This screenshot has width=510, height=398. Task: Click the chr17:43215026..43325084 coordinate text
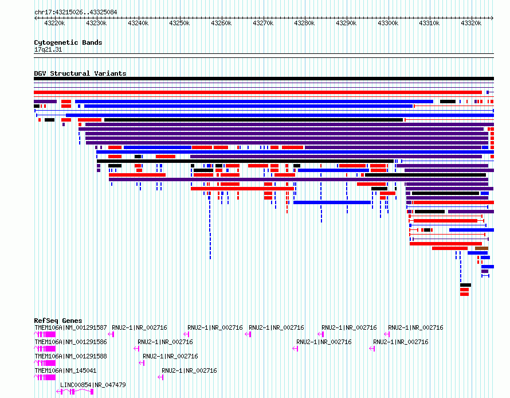point(76,13)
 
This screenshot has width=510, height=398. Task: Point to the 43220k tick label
point(54,23)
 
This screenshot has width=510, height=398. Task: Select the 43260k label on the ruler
point(221,23)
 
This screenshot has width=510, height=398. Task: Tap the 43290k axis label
point(346,23)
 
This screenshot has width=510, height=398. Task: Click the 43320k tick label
point(471,23)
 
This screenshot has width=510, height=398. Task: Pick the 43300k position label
point(388,23)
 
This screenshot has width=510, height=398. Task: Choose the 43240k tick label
point(138,23)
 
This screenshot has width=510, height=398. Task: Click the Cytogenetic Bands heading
point(68,42)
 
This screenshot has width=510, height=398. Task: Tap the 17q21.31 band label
point(48,50)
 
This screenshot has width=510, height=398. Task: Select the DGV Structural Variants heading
point(80,73)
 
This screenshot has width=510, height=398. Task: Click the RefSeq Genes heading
point(58,321)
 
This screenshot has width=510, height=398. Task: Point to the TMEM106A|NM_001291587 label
point(70,327)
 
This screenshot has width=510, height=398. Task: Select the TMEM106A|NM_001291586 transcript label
point(70,342)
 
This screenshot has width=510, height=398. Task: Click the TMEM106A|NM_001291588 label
point(70,356)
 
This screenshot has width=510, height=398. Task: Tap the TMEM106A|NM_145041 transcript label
point(65,370)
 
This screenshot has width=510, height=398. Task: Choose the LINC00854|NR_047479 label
point(93,385)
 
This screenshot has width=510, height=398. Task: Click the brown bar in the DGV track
point(481,248)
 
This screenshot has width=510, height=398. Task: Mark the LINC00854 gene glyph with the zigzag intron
point(75,392)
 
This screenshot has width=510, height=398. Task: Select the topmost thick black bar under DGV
point(264,79)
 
